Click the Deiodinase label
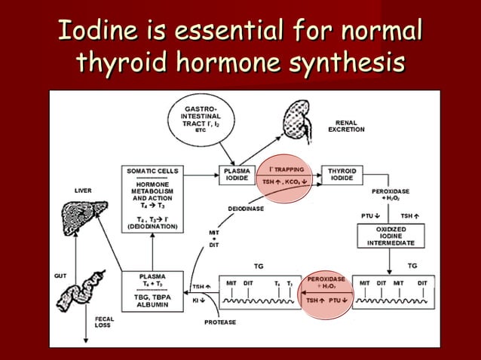(246, 209)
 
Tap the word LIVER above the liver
(83, 191)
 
